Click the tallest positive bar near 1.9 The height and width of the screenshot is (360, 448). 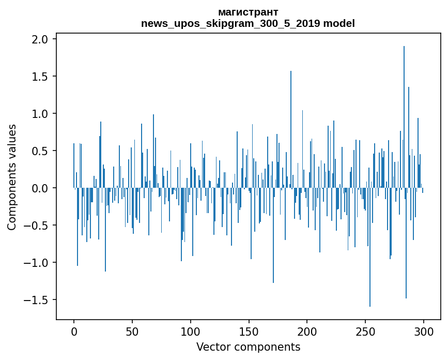point(404,117)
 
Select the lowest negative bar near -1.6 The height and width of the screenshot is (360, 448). point(370,247)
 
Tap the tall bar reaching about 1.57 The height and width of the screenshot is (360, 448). point(291,129)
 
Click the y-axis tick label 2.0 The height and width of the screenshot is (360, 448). point(40,39)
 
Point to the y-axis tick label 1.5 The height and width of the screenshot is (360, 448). point(40,77)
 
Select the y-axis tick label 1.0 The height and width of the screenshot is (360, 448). point(40,113)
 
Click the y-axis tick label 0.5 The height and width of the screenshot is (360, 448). point(40,151)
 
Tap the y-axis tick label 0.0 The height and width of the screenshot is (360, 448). point(40,188)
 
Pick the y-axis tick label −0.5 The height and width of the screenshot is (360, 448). point(36,226)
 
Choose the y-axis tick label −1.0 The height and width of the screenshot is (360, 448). point(36,262)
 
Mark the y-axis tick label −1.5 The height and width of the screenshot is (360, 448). point(36,300)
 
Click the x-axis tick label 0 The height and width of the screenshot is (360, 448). point(74,332)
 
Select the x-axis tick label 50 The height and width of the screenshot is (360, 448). point(132,332)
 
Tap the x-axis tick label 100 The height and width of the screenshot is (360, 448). point(191,332)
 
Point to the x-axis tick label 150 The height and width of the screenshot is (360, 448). point(249,332)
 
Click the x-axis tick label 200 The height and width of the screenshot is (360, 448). point(307,332)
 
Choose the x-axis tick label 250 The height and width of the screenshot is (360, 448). point(365,332)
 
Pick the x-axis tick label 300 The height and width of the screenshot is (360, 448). point(424,332)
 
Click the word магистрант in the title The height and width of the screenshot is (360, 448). point(248,12)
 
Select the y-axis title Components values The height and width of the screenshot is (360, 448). point(12,177)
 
